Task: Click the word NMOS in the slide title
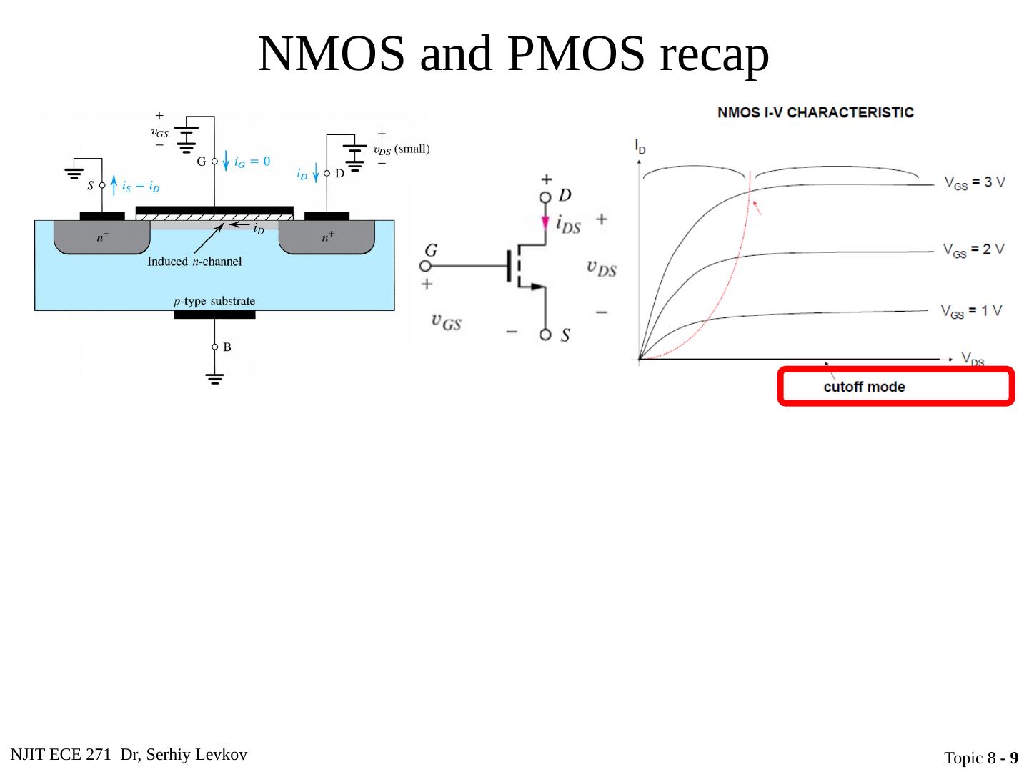[x=331, y=54]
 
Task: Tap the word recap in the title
[x=714, y=54]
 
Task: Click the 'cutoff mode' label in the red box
[x=864, y=387]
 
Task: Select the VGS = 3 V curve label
[x=974, y=182]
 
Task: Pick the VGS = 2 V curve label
[x=973, y=249]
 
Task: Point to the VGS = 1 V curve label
[x=971, y=311]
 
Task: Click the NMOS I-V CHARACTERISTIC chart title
[x=815, y=112]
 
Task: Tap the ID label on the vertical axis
[x=640, y=147]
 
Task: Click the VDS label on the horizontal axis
[x=973, y=359]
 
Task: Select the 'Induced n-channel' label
[x=194, y=262]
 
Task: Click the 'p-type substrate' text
[x=214, y=301]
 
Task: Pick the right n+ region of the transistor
[x=327, y=237]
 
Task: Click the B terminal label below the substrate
[x=227, y=347]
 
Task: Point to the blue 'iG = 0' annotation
[x=252, y=162]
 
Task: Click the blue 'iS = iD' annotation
[x=140, y=187]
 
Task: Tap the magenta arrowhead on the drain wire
[x=545, y=222]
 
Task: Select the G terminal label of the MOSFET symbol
[x=431, y=250]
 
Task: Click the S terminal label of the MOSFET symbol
[x=565, y=335]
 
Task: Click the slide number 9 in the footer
[x=1013, y=758]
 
